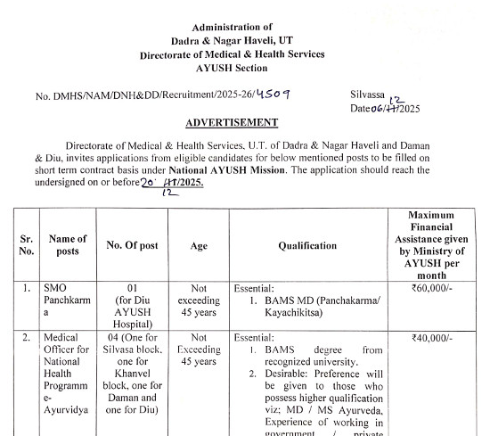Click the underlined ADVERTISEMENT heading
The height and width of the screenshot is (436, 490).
point(232,122)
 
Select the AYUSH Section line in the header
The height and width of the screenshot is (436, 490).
point(232,67)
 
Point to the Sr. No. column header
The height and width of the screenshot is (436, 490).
point(26,245)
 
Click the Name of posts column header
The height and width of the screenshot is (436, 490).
point(68,245)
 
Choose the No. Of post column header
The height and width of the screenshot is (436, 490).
point(130,245)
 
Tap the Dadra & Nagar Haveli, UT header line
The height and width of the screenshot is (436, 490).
point(232,41)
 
